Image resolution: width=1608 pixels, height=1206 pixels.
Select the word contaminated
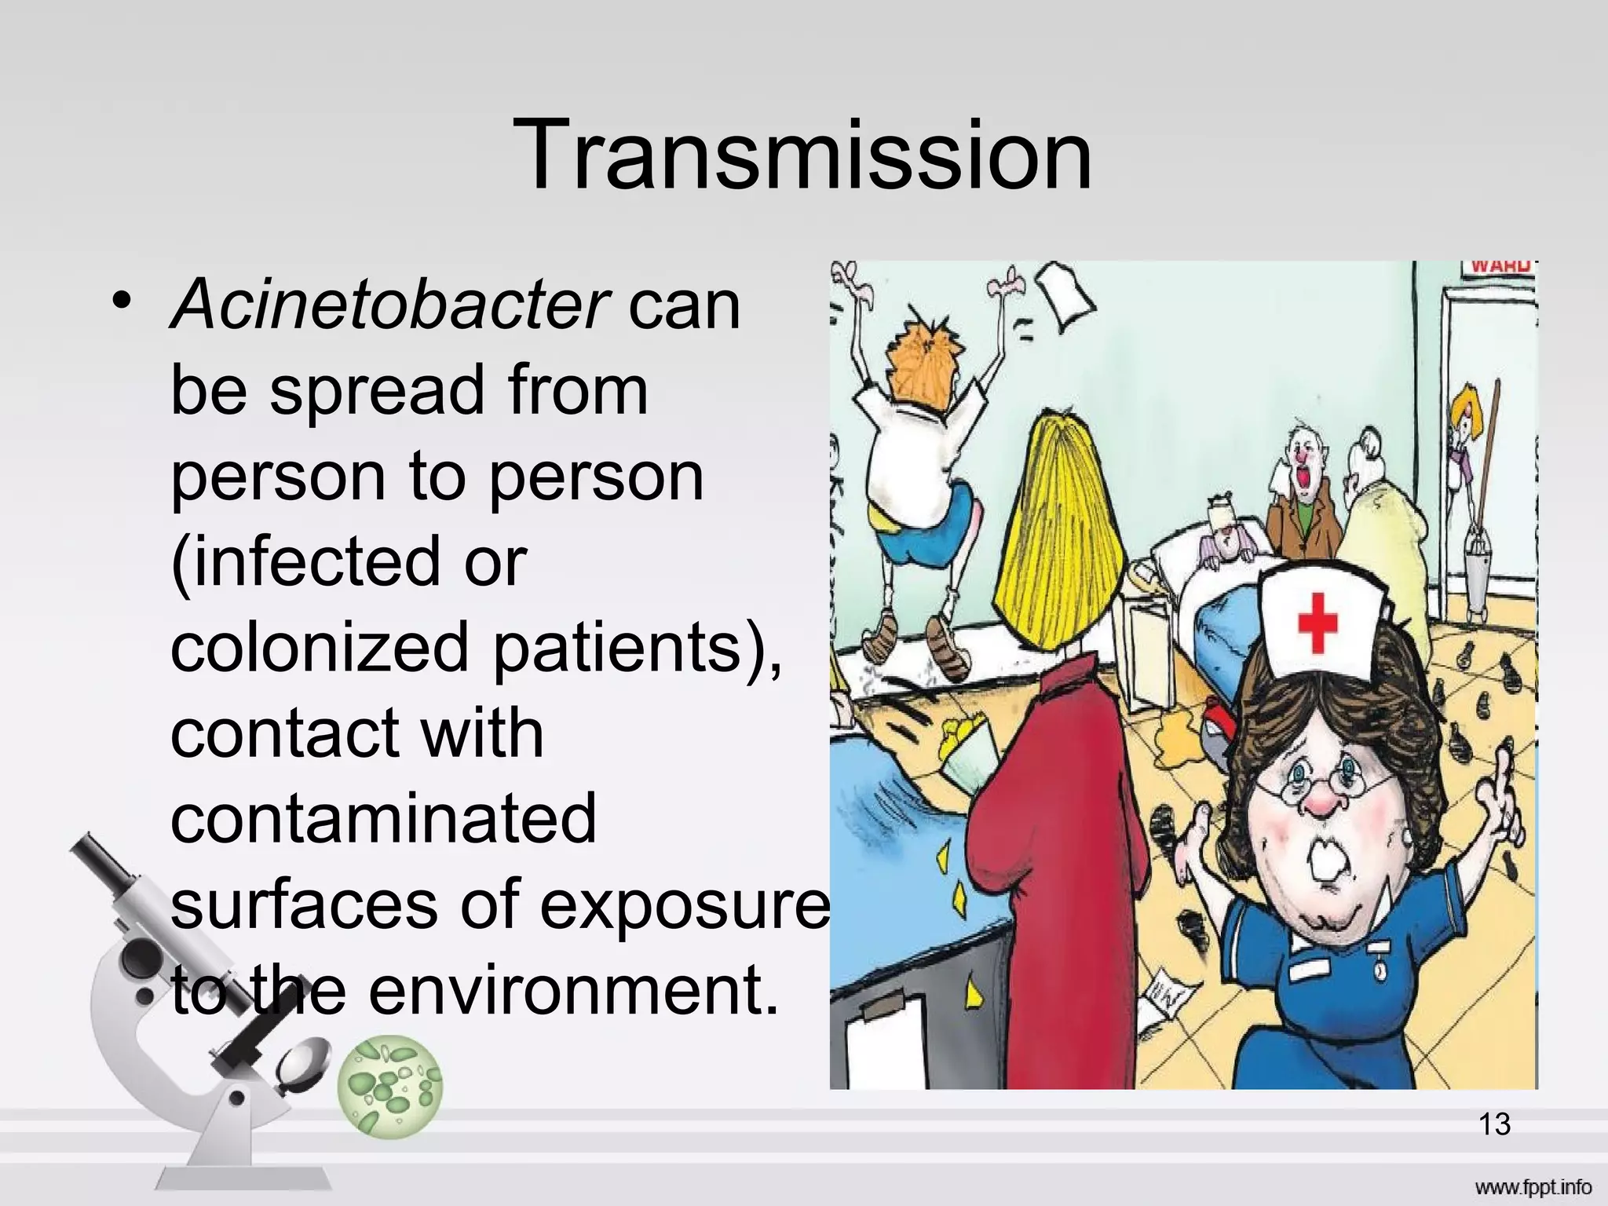click(383, 818)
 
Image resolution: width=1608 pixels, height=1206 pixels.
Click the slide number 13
click(1494, 1124)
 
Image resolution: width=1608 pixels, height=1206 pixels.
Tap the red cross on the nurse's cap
click(1317, 623)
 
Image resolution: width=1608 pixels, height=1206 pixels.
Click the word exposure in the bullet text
click(685, 904)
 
